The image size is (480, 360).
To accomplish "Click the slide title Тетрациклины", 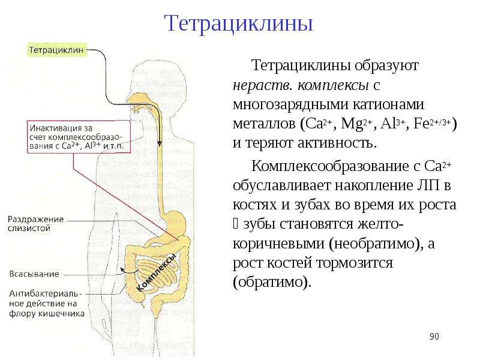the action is pyautogui.click(x=238, y=23).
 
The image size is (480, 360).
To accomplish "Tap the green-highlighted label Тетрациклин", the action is pyautogui.click(x=57, y=50).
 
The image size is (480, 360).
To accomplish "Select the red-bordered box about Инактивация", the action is pyautogui.click(x=79, y=137).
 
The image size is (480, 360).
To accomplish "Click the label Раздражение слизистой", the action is pyautogui.click(x=35, y=224).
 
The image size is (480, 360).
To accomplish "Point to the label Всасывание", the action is pyautogui.click(x=34, y=274).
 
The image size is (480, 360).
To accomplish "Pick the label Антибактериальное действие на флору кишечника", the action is pyautogui.click(x=47, y=304).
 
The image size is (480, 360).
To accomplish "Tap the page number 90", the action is pyautogui.click(x=434, y=337).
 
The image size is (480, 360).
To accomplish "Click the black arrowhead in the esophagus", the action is pyautogui.click(x=160, y=143).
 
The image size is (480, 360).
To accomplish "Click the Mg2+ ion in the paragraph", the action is pyautogui.click(x=356, y=124).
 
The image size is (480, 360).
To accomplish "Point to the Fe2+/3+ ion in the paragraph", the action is pyautogui.click(x=431, y=124).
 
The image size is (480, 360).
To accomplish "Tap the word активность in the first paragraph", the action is pyautogui.click(x=337, y=143).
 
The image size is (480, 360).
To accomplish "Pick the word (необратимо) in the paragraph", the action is pyautogui.click(x=376, y=244).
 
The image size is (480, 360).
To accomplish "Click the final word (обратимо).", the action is pyautogui.click(x=272, y=282).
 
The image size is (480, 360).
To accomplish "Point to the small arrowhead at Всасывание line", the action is pyautogui.click(x=122, y=269).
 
